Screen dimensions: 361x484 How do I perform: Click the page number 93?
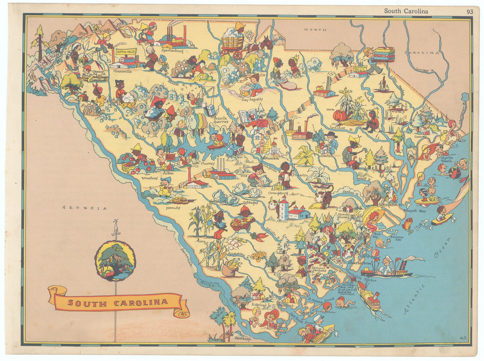click(469, 11)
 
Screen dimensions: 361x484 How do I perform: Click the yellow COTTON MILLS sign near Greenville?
click(125, 51)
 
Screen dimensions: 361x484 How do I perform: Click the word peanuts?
click(173, 207)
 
